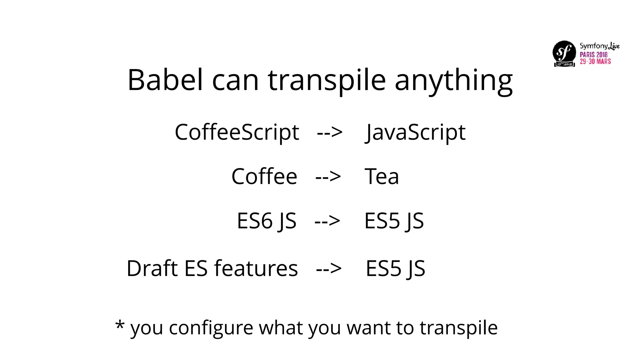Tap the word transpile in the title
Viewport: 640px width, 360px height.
point(327,81)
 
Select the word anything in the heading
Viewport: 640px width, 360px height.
point(453,81)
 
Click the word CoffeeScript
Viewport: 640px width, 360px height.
point(237,132)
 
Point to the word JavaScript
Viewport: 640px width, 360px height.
point(416,132)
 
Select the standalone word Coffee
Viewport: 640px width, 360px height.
point(264,177)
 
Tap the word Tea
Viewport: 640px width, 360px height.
point(382,177)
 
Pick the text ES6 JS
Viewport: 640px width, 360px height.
point(267,221)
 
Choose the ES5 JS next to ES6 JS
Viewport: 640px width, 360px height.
point(394,221)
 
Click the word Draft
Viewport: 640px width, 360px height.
point(152,268)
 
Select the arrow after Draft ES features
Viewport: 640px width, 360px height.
point(329,269)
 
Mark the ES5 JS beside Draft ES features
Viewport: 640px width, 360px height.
point(395,268)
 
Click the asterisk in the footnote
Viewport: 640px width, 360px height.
point(120,325)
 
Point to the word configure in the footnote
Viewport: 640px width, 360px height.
point(211,328)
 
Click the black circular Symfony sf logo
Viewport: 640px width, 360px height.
point(564,52)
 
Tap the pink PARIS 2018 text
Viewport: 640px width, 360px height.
point(593,54)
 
